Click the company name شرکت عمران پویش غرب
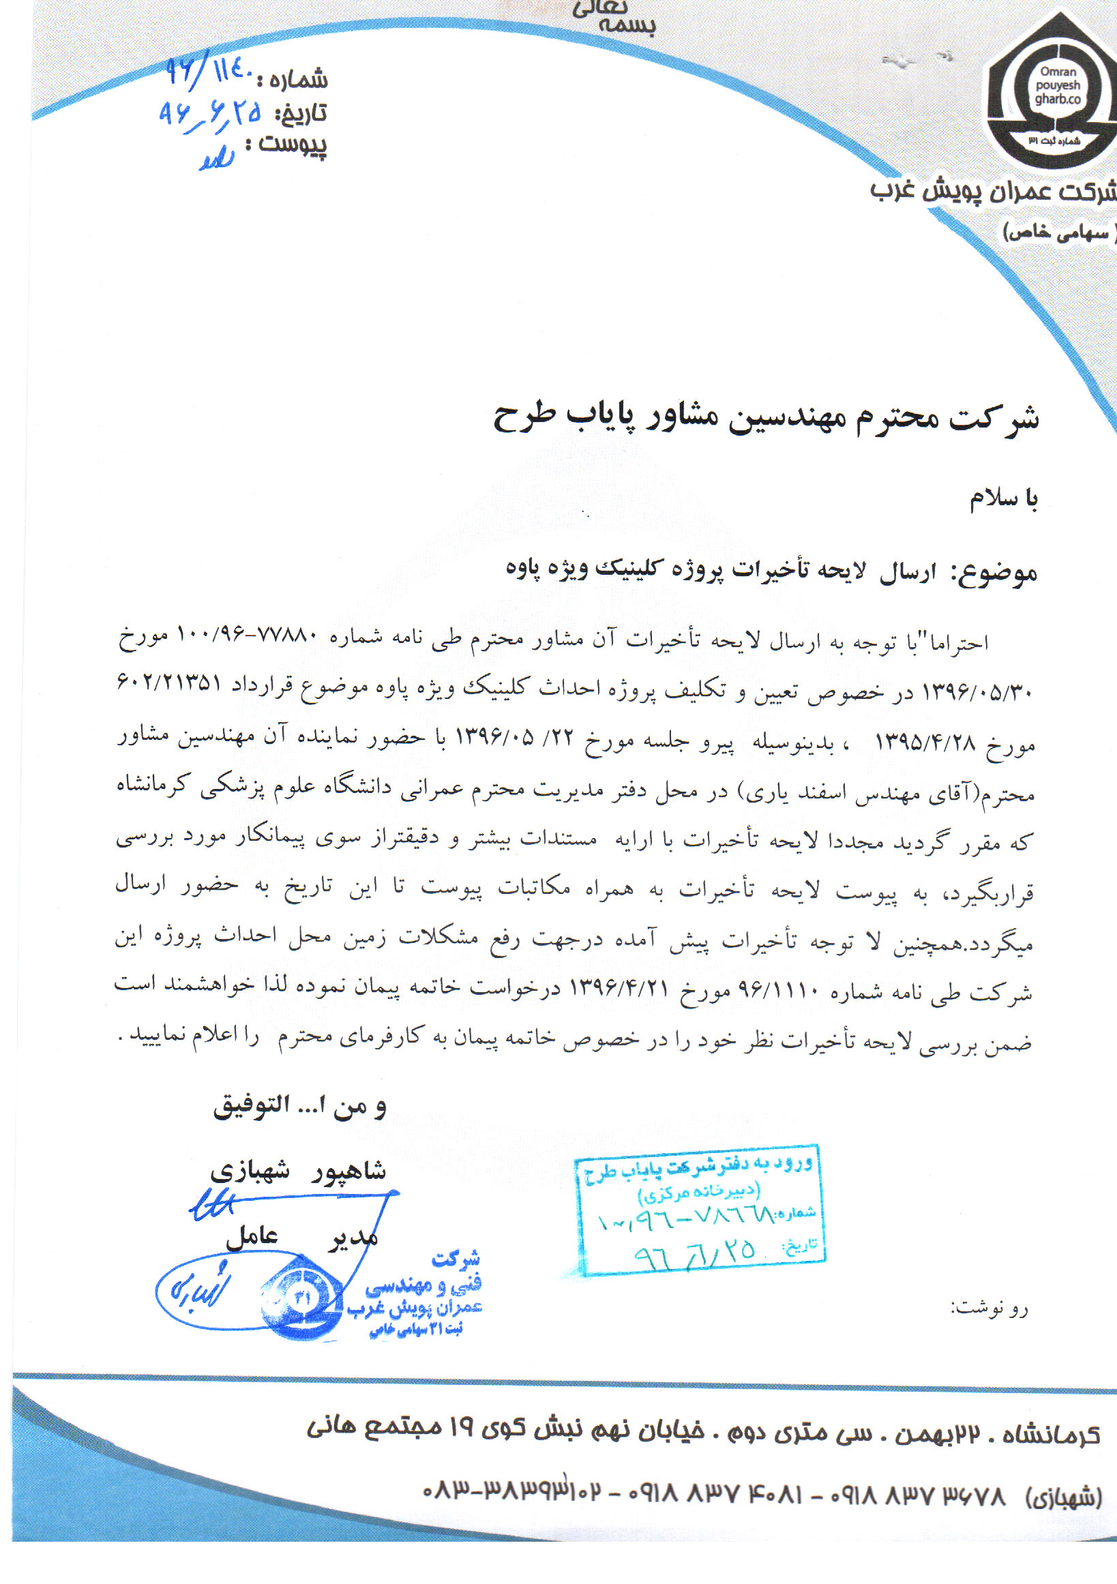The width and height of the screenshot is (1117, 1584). (x=992, y=190)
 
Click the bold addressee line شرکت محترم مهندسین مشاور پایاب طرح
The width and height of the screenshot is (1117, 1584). (x=765, y=417)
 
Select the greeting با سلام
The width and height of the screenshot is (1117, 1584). (x=1003, y=498)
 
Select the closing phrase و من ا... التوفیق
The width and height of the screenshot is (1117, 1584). (x=300, y=1107)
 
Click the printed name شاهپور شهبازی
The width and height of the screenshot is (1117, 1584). (x=299, y=1170)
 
